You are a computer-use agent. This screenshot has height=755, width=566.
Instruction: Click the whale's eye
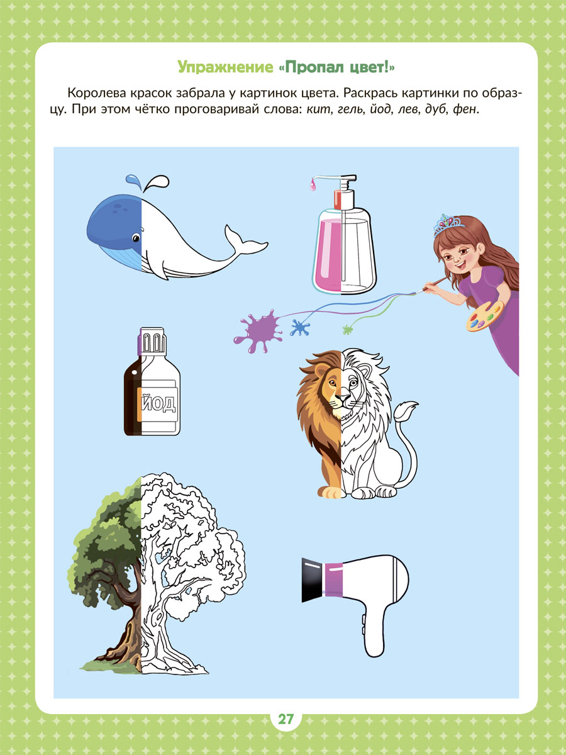136,237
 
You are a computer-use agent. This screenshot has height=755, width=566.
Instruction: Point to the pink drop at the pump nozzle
312,186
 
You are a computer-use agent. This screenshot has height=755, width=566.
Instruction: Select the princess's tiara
448,225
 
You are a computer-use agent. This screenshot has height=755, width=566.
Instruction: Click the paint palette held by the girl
484,316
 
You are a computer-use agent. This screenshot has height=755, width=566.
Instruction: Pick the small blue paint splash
300,327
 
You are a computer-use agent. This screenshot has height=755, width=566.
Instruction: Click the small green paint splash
348,330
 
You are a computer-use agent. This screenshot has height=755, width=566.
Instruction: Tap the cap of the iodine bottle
152,341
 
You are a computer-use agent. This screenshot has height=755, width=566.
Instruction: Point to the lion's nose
341,398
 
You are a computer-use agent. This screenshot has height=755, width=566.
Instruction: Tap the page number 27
286,719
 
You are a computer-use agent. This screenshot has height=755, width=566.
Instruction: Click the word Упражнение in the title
225,67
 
